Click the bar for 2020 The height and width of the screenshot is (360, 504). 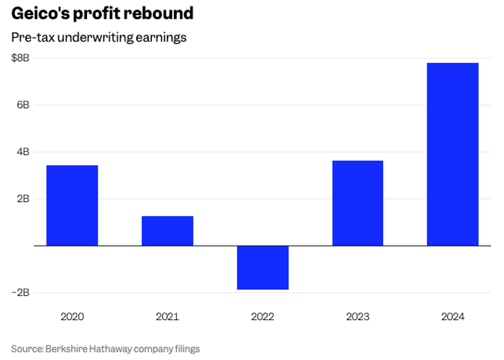72,206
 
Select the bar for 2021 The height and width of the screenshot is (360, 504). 167,231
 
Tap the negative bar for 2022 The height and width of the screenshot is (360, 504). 263,267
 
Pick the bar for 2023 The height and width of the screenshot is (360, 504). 357,203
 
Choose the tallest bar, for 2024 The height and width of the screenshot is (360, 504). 452,154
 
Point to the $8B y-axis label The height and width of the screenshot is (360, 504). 20,58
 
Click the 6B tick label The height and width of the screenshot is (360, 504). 23,105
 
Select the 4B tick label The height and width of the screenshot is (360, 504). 23,152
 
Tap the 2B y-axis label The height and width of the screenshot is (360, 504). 23,199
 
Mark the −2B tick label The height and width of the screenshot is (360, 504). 20,293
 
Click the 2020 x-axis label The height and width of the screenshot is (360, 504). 72,316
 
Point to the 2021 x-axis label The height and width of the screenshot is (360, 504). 167,316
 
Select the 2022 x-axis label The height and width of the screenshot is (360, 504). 263,316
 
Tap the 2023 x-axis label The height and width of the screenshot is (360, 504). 357,316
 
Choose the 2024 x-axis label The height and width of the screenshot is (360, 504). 452,316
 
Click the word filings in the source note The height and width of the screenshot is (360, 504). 186,348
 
